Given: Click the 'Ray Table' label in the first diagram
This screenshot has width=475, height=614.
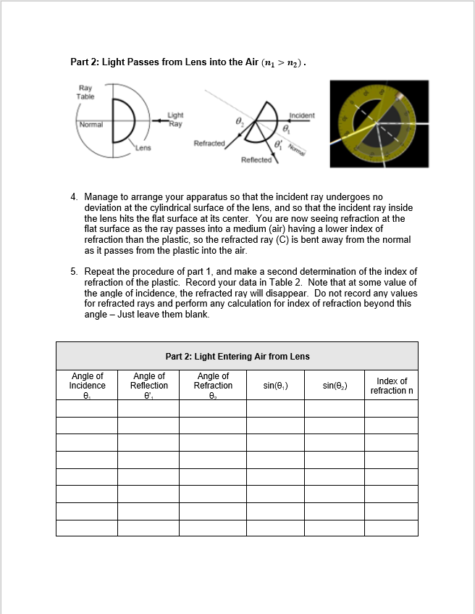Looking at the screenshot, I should point(85,92).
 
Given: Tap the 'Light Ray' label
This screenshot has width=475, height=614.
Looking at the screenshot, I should point(175,119).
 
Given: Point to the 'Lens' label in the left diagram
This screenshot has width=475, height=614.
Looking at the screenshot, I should point(143,149).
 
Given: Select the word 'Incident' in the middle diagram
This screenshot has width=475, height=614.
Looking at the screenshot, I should point(301,115).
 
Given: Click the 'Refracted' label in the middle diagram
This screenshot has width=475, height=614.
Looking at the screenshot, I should point(209,144).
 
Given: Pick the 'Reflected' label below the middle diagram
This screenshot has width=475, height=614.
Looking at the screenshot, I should point(256,159).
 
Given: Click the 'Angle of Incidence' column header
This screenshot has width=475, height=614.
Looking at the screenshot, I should point(87,386).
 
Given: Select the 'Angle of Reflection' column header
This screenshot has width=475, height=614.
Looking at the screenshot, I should point(149,386).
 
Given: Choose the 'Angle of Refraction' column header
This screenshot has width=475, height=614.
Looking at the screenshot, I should point(213,386).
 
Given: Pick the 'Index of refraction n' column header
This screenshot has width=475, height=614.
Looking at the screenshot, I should point(391,386).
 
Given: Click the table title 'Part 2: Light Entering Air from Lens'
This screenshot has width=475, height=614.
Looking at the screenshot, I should point(237,356).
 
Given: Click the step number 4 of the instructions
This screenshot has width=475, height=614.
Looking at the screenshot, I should point(74,196).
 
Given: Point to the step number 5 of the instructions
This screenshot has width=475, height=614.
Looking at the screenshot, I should point(74,272).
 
